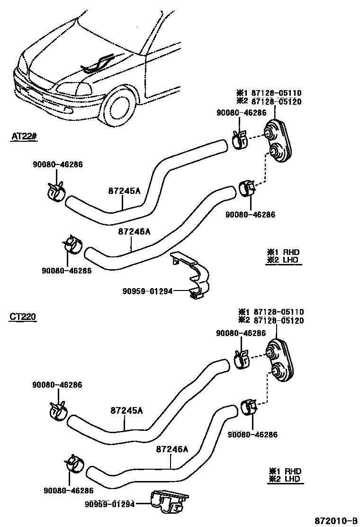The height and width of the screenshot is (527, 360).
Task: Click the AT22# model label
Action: [24, 136]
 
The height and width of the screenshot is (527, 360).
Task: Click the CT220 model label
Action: [23, 317]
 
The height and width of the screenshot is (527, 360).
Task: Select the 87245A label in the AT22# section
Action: [124, 191]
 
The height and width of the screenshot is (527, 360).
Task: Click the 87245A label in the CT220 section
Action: [126, 410]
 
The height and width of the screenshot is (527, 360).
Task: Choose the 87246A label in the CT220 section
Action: [172, 449]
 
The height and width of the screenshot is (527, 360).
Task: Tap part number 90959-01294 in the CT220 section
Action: [110, 504]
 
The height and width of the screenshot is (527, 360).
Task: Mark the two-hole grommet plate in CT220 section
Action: [280, 359]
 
